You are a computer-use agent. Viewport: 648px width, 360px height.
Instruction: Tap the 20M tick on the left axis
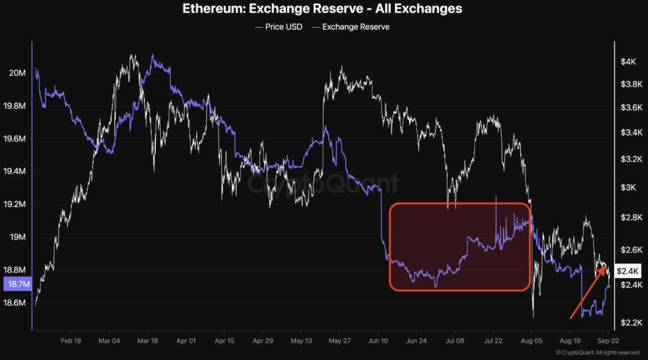click(x=18, y=73)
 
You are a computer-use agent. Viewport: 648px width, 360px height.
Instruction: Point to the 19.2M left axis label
click(x=15, y=204)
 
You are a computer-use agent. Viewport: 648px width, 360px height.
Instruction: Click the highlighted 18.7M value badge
click(x=18, y=284)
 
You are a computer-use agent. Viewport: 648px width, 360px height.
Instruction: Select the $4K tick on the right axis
click(x=628, y=61)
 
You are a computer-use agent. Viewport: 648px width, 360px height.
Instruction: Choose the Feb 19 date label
click(x=71, y=341)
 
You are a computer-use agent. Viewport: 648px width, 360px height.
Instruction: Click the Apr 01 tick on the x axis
click(x=186, y=341)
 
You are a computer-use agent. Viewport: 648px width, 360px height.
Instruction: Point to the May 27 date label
click(x=339, y=341)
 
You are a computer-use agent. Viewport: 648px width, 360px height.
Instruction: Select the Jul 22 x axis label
click(x=493, y=341)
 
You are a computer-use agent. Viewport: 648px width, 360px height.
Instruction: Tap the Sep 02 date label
click(x=608, y=341)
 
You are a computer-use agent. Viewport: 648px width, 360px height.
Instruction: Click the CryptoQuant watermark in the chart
click(x=323, y=183)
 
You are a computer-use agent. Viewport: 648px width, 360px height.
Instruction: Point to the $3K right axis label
click(x=628, y=187)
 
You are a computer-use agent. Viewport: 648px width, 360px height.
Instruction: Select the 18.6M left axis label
click(x=15, y=302)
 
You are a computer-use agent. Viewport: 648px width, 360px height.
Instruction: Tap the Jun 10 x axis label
click(x=378, y=341)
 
